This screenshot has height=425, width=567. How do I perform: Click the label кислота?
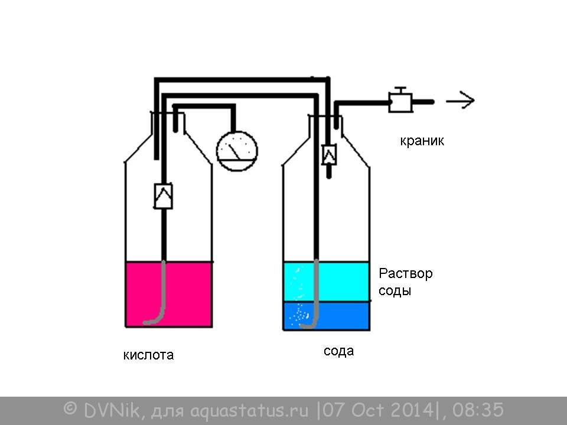(148, 355)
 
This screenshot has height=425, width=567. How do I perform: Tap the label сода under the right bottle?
(338, 351)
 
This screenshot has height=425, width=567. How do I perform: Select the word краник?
(422, 140)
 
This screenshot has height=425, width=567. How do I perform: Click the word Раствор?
(405, 273)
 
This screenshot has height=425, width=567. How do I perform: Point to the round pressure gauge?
(237, 151)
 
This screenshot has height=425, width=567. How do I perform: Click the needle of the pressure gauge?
(234, 152)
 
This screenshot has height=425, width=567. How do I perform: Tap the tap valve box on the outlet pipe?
(400, 103)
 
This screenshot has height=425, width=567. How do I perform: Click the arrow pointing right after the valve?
(460, 100)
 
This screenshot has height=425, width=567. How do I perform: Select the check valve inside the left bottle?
(164, 196)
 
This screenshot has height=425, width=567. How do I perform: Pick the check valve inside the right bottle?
(329, 155)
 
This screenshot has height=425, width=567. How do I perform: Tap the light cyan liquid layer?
(344, 281)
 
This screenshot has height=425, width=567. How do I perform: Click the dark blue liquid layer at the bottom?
(344, 316)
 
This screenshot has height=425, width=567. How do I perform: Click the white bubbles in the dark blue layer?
(299, 313)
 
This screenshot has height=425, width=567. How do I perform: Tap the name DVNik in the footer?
(111, 410)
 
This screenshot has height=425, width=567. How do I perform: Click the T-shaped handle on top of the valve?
(400, 90)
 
